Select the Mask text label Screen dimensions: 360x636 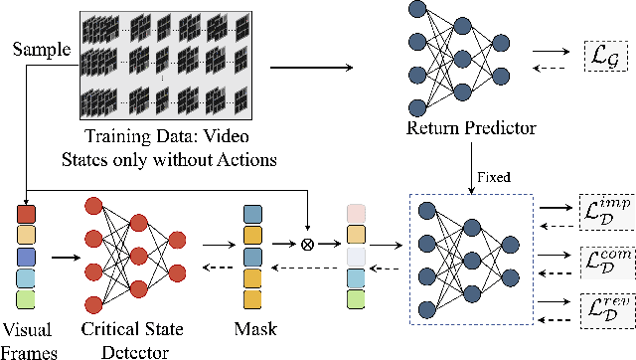click(x=251, y=327)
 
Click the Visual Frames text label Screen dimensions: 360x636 click(x=29, y=337)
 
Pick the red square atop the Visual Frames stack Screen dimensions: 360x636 click(x=27, y=214)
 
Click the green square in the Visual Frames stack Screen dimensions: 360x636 click(x=27, y=298)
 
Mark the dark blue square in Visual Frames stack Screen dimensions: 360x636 click(x=27, y=257)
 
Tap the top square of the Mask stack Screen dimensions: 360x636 click(x=252, y=214)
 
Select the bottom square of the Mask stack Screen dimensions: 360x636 click(x=252, y=297)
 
